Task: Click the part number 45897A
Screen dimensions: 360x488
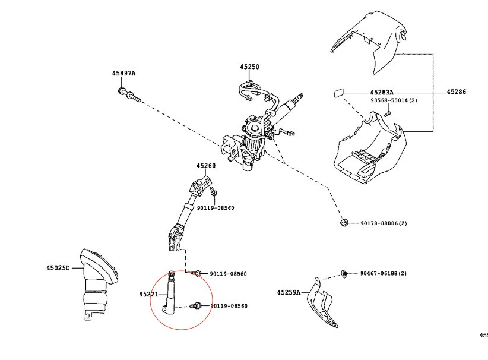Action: tap(123, 73)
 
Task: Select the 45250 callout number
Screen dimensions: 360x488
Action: tap(249, 67)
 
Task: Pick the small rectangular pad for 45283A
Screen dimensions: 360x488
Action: tap(338, 93)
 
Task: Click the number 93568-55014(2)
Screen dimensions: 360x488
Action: tap(394, 101)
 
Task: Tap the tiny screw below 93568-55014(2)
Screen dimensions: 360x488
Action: tap(386, 113)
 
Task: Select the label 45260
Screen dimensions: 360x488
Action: tap(206, 166)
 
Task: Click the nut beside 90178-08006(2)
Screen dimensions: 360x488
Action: tap(343, 223)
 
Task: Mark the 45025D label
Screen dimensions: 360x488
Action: tap(58, 268)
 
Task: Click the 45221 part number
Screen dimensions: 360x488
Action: tap(148, 294)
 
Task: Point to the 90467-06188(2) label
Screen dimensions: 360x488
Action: tap(383, 273)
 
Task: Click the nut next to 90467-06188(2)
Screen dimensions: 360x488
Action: tap(344, 273)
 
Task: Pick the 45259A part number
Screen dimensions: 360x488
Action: tap(289, 292)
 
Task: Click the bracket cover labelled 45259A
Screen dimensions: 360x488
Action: tap(322, 303)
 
